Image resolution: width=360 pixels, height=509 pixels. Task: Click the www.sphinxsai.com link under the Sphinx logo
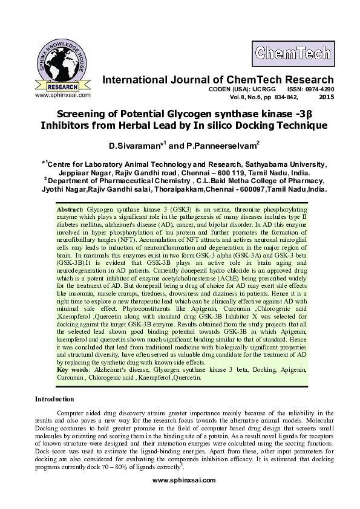click(x=63, y=94)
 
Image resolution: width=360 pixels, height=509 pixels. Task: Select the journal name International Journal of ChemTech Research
click(x=218, y=80)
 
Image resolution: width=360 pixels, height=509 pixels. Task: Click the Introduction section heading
click(x=54, y=399)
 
